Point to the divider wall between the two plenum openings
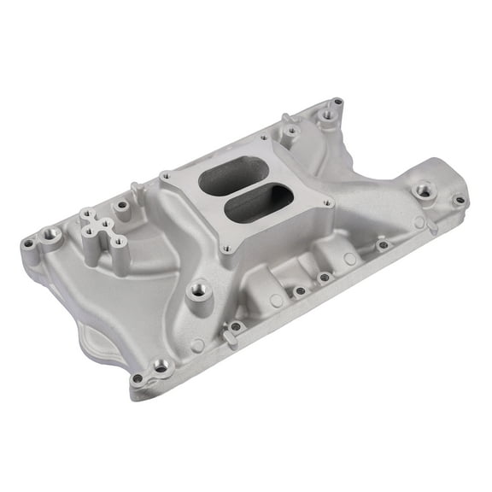240,193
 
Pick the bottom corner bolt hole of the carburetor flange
225,249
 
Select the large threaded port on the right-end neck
422,191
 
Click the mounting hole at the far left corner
29,243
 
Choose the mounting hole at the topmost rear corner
337,102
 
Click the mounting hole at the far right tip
460,201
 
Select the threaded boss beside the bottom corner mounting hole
160,366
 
